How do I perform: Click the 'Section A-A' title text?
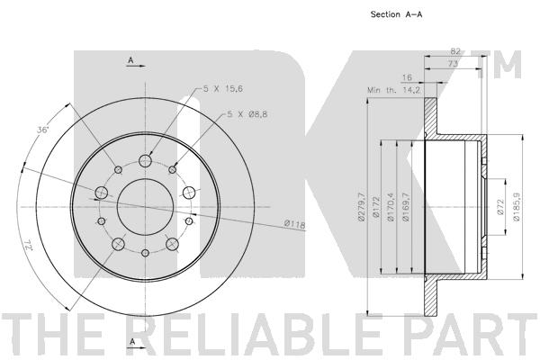(396, 14)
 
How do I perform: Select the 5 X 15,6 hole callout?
(223, 88)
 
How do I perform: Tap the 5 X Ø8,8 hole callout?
(247, 114)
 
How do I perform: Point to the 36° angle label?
(43, 130)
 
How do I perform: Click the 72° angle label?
(27, 246)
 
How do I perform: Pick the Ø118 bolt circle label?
(295, 224)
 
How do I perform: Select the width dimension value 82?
(455, 51)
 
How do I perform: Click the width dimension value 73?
(453, 63)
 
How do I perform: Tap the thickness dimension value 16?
(407, 77)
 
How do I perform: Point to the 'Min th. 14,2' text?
(393, 90)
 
